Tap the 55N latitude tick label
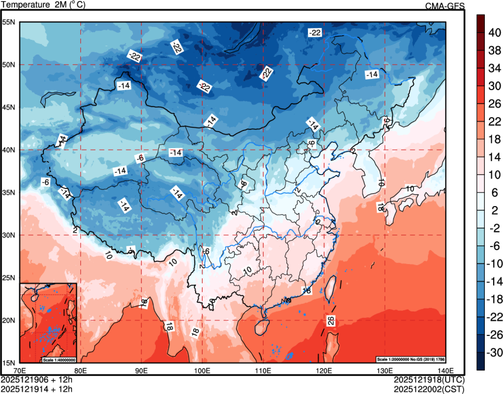click(x=9, y=22)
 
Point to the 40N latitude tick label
click(x=9, y=150)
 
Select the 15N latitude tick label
click(x=9, y=362)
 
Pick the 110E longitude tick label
click(x=263, y=370)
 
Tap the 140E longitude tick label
click(x=446, y=370)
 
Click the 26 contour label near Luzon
click(x=331, y=320)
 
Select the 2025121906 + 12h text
click(x=37, y=379)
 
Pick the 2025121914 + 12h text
click(x=37, y=388)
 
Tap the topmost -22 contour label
click(x=315, y=33)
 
